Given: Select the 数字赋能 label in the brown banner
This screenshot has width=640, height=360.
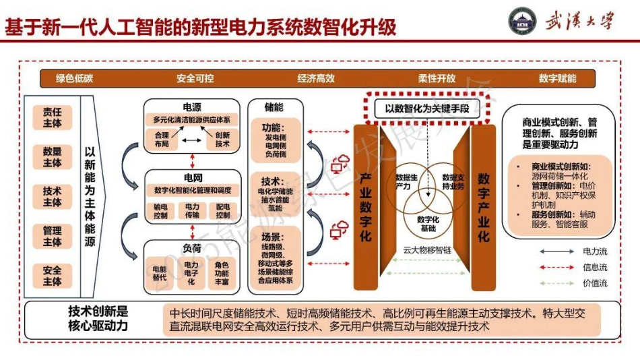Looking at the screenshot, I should (557, 78).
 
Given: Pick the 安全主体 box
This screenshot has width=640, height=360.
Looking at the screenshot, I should (53, 276).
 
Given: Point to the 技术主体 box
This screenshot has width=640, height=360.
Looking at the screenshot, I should (53, 197).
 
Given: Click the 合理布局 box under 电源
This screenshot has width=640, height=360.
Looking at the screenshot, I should (162, 140).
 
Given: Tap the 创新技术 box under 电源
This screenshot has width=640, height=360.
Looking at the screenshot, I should (222, 140).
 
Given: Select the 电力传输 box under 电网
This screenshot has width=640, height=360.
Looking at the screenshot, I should (192, 211).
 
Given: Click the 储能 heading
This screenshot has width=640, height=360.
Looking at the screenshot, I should (274, 107).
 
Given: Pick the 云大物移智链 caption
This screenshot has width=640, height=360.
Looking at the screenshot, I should (426, 250).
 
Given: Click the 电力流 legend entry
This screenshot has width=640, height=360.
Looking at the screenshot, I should (595, 251).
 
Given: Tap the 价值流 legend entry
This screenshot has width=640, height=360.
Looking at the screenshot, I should (595, 283).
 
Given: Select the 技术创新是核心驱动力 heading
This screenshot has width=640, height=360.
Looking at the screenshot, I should (98, 319).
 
